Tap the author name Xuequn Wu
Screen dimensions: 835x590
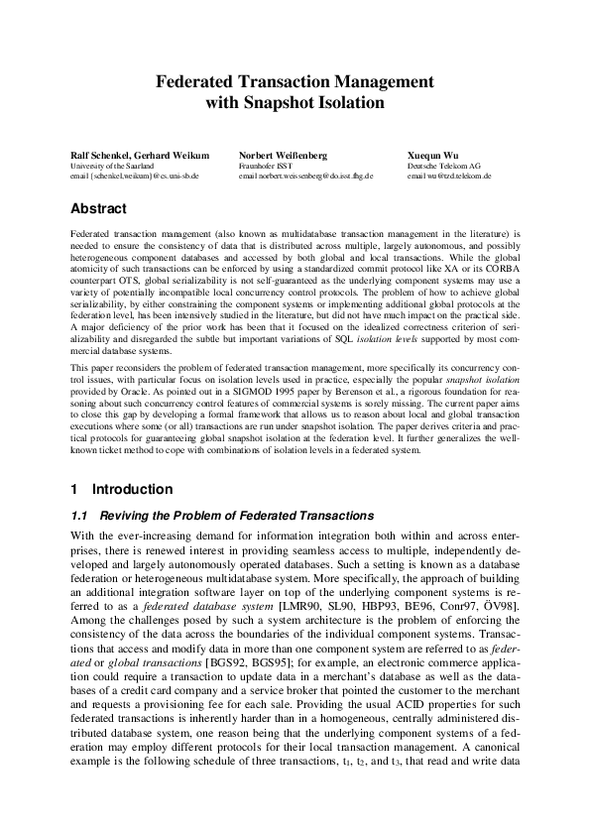tap(431, 156)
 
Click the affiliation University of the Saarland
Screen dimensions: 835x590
tap(109, 166)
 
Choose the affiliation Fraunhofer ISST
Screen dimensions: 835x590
tap(263, 166)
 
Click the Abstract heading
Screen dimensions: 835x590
tap(98, 209)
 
